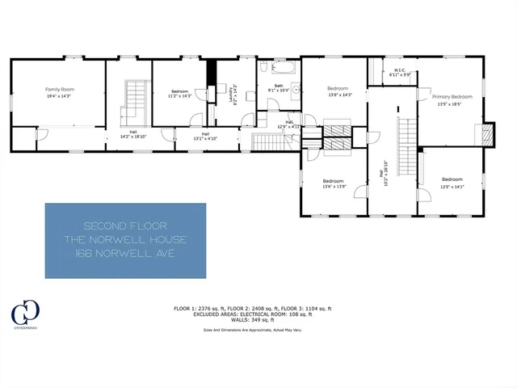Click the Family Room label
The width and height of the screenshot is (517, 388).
coord(58,91)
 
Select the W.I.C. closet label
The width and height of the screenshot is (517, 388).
coord(402,73)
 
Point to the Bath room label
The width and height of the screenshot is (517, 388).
coord(278,86)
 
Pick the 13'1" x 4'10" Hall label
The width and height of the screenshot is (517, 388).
coord(205,136)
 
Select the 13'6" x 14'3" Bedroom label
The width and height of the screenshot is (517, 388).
coord(337,91)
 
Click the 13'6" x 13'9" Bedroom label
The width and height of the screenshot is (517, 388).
coord(334,183)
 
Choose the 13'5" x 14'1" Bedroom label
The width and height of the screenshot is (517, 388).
coord(452,182)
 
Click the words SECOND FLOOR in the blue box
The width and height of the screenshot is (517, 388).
coord(125,224)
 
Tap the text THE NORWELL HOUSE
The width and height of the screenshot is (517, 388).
coord(125,239)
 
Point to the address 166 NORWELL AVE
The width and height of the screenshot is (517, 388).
coord(125,255)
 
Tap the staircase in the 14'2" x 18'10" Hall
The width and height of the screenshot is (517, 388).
coord(132,101)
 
